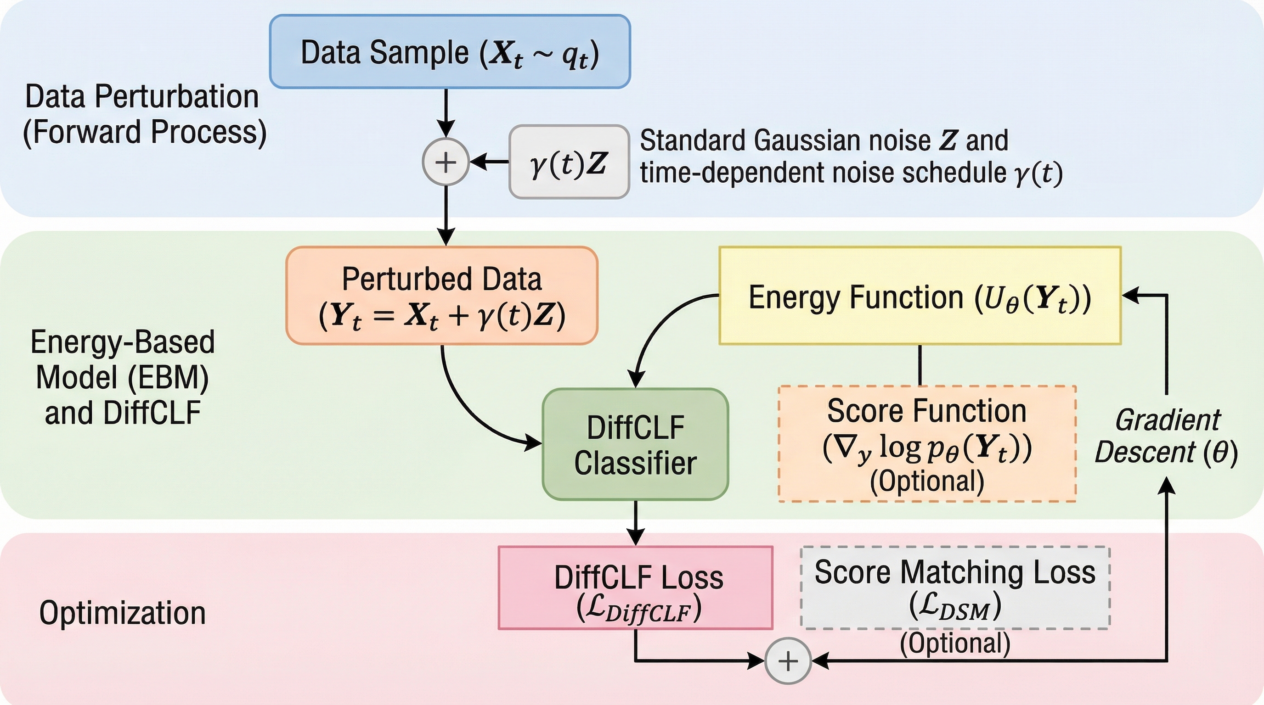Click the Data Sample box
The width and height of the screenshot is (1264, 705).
(x=450, y=52)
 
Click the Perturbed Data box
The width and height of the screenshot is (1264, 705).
(x=441, y=296)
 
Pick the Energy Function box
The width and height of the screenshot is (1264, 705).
(x=920, y=296)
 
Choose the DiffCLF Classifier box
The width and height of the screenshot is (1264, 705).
(x=635, y=444)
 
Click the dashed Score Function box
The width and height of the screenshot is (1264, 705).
(x=927, y=444)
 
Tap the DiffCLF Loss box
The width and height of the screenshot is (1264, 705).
(x=635, y=588)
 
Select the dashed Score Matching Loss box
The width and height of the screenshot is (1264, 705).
(x=955, y=588)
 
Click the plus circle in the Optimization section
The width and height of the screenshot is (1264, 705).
(x=788, y=661)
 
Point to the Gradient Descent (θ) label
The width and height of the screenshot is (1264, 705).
(x=1166, y=436)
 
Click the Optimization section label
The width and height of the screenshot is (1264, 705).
(x=122, y=613)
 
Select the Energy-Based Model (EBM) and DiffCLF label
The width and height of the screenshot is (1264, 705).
(x=122, y=377)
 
